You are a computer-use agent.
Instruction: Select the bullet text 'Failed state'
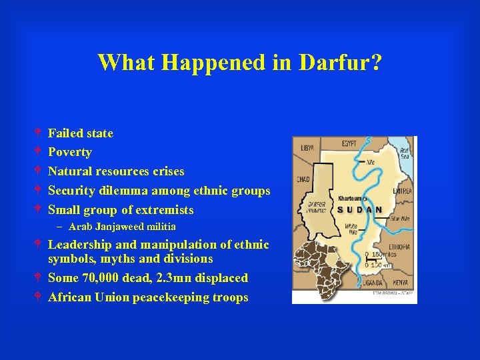point(81,133)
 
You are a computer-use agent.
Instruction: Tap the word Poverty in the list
point(70,152)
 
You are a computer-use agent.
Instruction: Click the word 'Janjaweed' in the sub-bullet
point(123,227)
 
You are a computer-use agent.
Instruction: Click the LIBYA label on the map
point(307,147)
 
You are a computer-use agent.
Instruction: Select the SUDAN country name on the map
point(360,210)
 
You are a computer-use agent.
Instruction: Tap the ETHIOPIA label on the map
point(400,246)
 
